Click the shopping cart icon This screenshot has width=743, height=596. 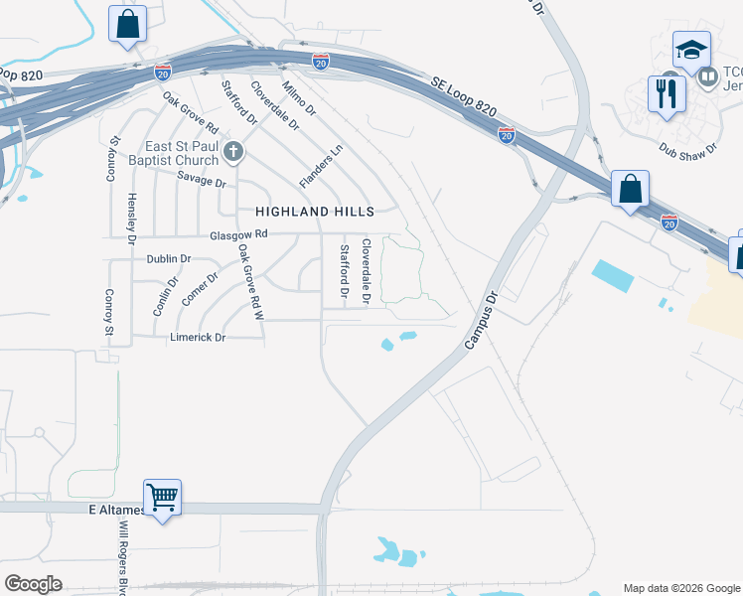click(162, 495)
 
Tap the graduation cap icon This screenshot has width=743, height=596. click(691, 49)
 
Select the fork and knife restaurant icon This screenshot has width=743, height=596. click(667, 94)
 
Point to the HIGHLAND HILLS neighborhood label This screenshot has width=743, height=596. click(315, 212)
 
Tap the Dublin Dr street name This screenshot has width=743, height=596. click(168, 258)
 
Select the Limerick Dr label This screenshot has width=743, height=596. click(199, 338)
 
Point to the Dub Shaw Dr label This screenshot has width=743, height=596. click(688, 148)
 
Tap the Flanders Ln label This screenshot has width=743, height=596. click(321, 165)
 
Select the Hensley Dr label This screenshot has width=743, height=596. click(130, 218)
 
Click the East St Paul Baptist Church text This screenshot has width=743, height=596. click(182, 154)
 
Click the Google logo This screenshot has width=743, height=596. click(33, 584)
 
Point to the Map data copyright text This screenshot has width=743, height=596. click(680, 588)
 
